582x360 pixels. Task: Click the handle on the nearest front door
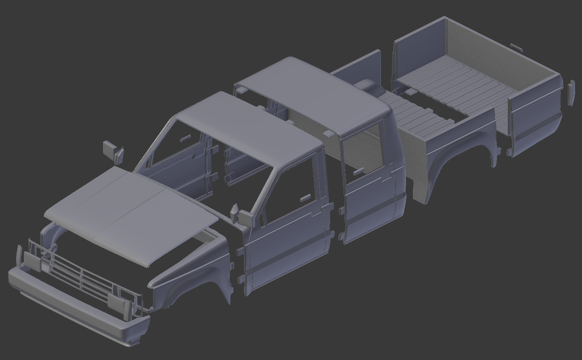(x=306, y=198)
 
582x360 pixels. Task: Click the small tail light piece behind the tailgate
(x=571, y=93)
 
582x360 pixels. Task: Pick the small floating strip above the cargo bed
(x=516, y=47)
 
